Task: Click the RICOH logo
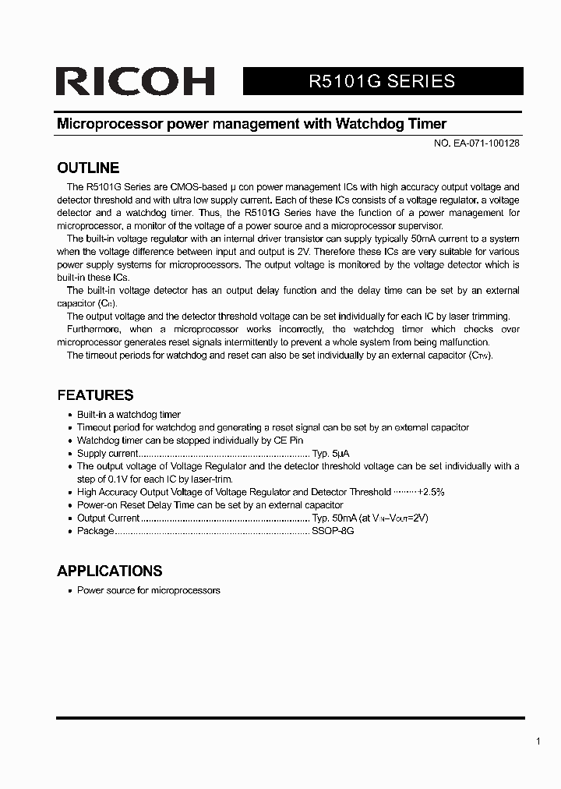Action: (x=135, y=81)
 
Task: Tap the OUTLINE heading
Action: (x=88, y=168)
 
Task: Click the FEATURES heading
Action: (x=95, y=395)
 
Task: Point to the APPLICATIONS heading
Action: (x=110, y=571)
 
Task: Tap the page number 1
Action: (x=538, y=741)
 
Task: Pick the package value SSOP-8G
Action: (x=333, y=531)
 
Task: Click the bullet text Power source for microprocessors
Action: (x=148, y=590)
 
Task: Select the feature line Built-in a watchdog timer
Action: (x=129, y=415)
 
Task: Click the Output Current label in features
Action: (x=108, y=518)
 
